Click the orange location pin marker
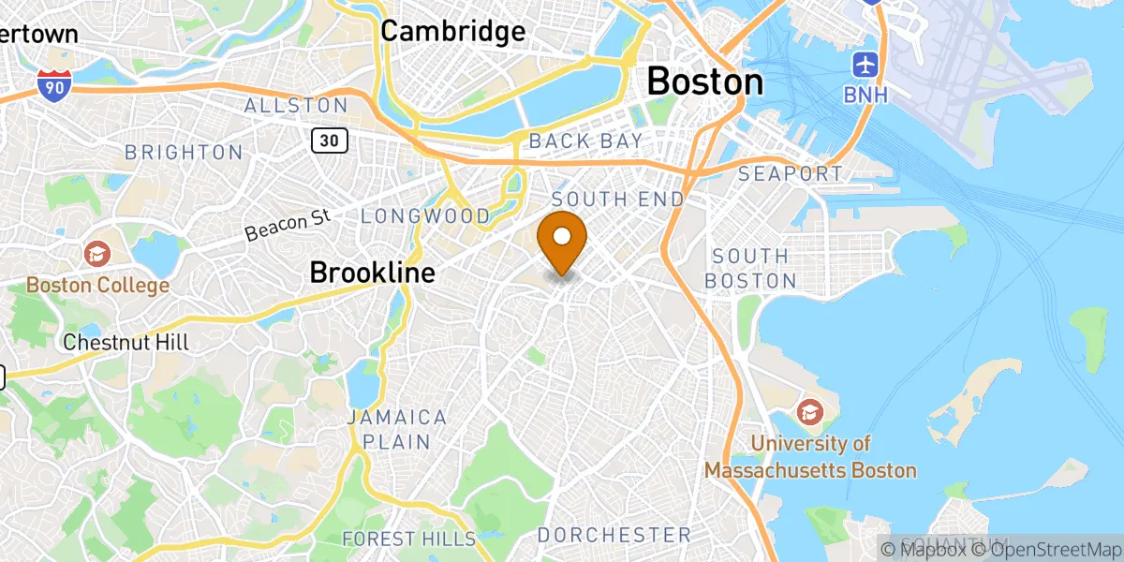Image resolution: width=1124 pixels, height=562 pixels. tap(562, 240)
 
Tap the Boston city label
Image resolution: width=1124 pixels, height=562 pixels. tap(705, 81)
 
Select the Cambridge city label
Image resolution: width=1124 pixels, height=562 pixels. tap(453, 31)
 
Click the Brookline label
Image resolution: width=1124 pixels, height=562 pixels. tap(372, 273)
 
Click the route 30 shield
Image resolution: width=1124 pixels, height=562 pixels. tap(331, 140)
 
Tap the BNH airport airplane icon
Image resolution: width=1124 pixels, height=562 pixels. tap(865, 66)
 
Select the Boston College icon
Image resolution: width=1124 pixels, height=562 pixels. tap(97, 253)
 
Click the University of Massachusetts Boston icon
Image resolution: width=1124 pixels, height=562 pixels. tap(810, 411)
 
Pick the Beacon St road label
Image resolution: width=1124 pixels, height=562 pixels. tap(289, 226)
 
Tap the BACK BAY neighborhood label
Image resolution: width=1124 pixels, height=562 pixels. tap(585, 141)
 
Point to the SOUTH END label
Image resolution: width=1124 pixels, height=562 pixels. tap(617, 200)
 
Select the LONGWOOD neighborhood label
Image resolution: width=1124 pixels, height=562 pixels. tap(425, 216)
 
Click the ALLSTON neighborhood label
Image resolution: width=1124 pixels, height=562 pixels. tap(296, 106)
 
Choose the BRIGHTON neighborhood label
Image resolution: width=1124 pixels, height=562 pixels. tap(184, 152)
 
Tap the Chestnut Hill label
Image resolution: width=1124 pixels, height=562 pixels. tap(126, 343)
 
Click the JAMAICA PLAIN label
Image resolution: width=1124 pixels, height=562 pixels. tap(397, 429)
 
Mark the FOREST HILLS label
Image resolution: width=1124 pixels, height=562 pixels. tap(408, 539)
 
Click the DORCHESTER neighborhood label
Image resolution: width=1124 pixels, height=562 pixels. tap(614, 535)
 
